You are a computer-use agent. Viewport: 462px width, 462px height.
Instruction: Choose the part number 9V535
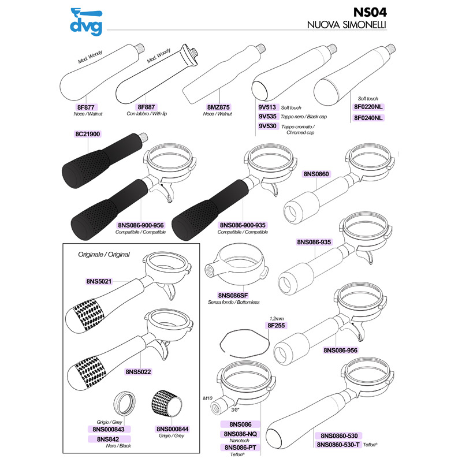tap(267, 117)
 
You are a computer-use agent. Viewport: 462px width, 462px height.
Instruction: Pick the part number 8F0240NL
tap(368, 118)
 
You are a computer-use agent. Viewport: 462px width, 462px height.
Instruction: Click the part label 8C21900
tap(88, 133)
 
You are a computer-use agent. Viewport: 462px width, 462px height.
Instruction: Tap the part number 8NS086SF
tap(235, 295)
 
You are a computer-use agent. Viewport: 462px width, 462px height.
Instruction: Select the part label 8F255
tap(277, 325)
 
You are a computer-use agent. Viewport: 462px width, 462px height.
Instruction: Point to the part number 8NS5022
tap(139, 372)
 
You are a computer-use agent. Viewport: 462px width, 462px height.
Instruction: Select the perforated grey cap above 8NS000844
tap(166, 402)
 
